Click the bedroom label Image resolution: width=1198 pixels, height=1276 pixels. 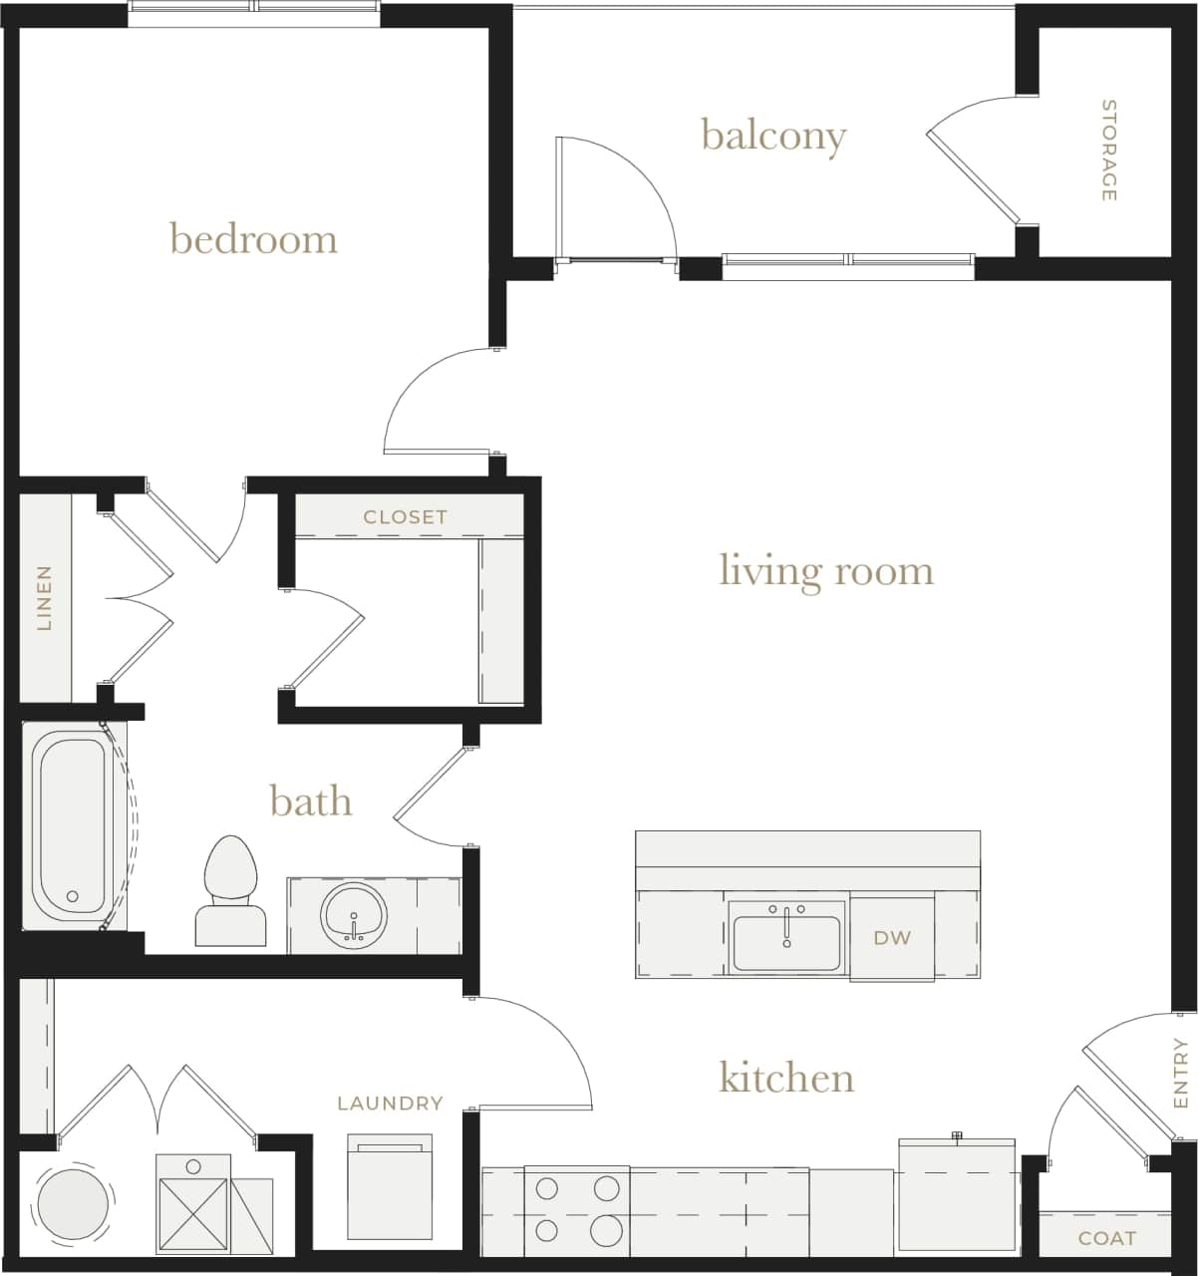coord(253,239)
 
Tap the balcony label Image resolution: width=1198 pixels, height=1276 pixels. coord(773,135)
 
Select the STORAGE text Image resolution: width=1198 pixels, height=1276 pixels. coord(1108,150)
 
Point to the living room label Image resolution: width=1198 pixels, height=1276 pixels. coord(826,570)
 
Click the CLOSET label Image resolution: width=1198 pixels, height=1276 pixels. coord(405,516)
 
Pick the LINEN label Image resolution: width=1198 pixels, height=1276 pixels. coord(44,598)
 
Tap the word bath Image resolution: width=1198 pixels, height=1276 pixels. coord(310,800)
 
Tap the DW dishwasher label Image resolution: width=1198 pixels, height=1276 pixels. coord(892,937)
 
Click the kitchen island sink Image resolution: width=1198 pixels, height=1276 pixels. coord(786,937)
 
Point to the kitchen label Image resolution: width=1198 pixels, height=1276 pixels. coord(786,1078)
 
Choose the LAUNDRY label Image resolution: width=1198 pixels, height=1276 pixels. coord(390,1103)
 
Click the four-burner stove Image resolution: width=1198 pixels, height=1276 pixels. coord(576,1209)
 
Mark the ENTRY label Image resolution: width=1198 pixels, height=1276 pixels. coord(1181,1073)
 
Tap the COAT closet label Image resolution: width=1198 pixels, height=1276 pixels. coord(1106,1238)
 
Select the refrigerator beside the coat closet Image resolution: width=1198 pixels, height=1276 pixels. coord(957,1194)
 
